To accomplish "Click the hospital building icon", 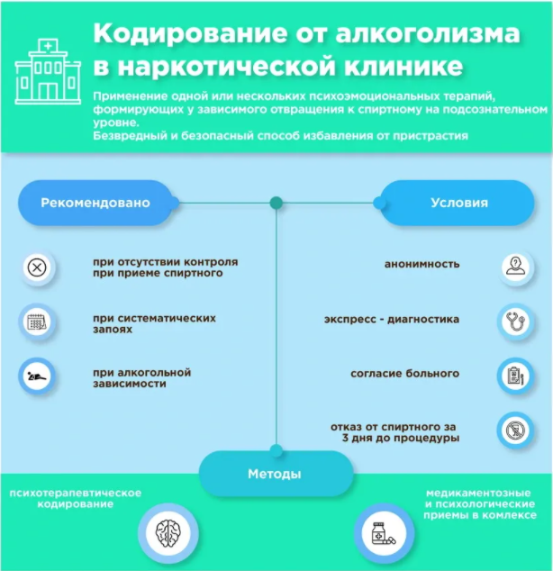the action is [48, 71].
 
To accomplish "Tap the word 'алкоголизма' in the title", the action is [428, 34].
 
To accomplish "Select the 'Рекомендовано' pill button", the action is [95, 203].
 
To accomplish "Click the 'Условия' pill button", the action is [458, 203].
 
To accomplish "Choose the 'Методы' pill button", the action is [276, 474].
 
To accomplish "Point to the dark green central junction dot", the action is [276, 203].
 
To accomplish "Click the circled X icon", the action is [37, 267].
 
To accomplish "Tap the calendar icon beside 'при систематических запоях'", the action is [37, 322].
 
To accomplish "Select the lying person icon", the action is [37, 376].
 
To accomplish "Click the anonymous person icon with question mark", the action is [515, 267].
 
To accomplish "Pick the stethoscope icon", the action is [515, 322].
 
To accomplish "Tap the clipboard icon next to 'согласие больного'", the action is [515, 376].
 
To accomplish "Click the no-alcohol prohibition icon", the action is [515, 431].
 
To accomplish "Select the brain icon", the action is [168, 533].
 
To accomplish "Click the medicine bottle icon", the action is [384, 533].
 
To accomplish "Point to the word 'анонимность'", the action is [422, 264].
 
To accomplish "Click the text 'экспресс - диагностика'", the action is [392, 320].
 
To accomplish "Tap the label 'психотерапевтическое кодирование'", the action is [76, 499].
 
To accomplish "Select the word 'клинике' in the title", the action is [403, 67].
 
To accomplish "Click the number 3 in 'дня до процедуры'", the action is [345, 438].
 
